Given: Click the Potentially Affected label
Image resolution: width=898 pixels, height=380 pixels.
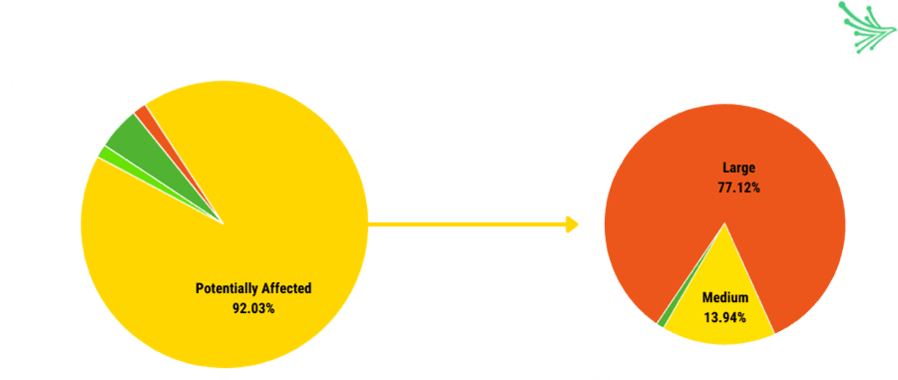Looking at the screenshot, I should pyautogui.click(x=253, y=288).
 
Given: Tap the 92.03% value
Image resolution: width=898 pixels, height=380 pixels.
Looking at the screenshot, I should pyautogui.click(x=253, y=308).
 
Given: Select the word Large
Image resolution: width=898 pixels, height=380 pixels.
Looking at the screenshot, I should pyautogui.click(x=738, y=168).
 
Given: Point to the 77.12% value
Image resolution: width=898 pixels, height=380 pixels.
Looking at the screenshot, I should pyautogui.click(x=738, y=188).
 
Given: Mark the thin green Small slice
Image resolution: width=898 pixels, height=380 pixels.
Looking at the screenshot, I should pyautogui.click(x=663, y=320).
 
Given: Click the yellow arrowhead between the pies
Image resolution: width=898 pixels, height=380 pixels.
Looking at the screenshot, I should pyautogui.click(x=572, y=224).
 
